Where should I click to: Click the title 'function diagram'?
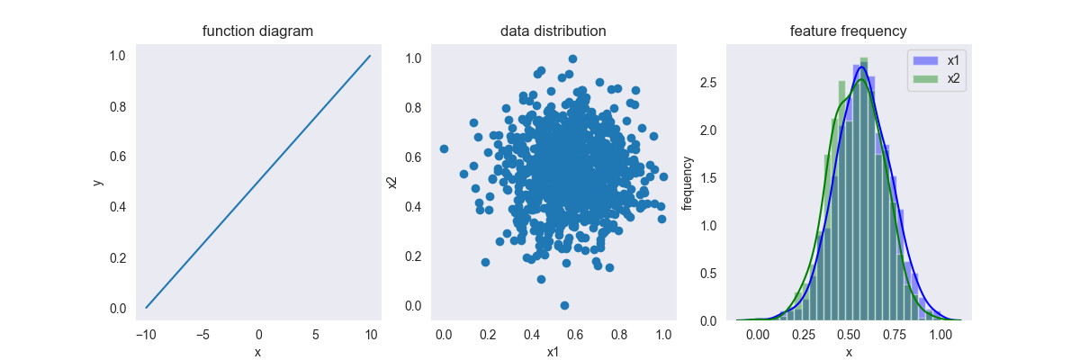(257, 31)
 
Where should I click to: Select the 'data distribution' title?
(553, 31)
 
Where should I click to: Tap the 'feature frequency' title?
(848, 31)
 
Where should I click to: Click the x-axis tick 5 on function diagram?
(315, 335)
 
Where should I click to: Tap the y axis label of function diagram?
(98, 182)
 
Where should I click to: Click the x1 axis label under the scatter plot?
(553, 352)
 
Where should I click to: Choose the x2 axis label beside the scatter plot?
(391, 182)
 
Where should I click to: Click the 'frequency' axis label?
(688, 182)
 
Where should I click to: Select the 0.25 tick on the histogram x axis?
(803, 335)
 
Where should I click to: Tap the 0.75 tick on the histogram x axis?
(894, 335)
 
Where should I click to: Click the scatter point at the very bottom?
(564, 306)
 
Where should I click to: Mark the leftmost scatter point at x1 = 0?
(444, 148)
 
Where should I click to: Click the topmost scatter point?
(572, 58)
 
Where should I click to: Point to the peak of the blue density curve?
(861, 67)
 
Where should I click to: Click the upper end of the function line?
(370, 56)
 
